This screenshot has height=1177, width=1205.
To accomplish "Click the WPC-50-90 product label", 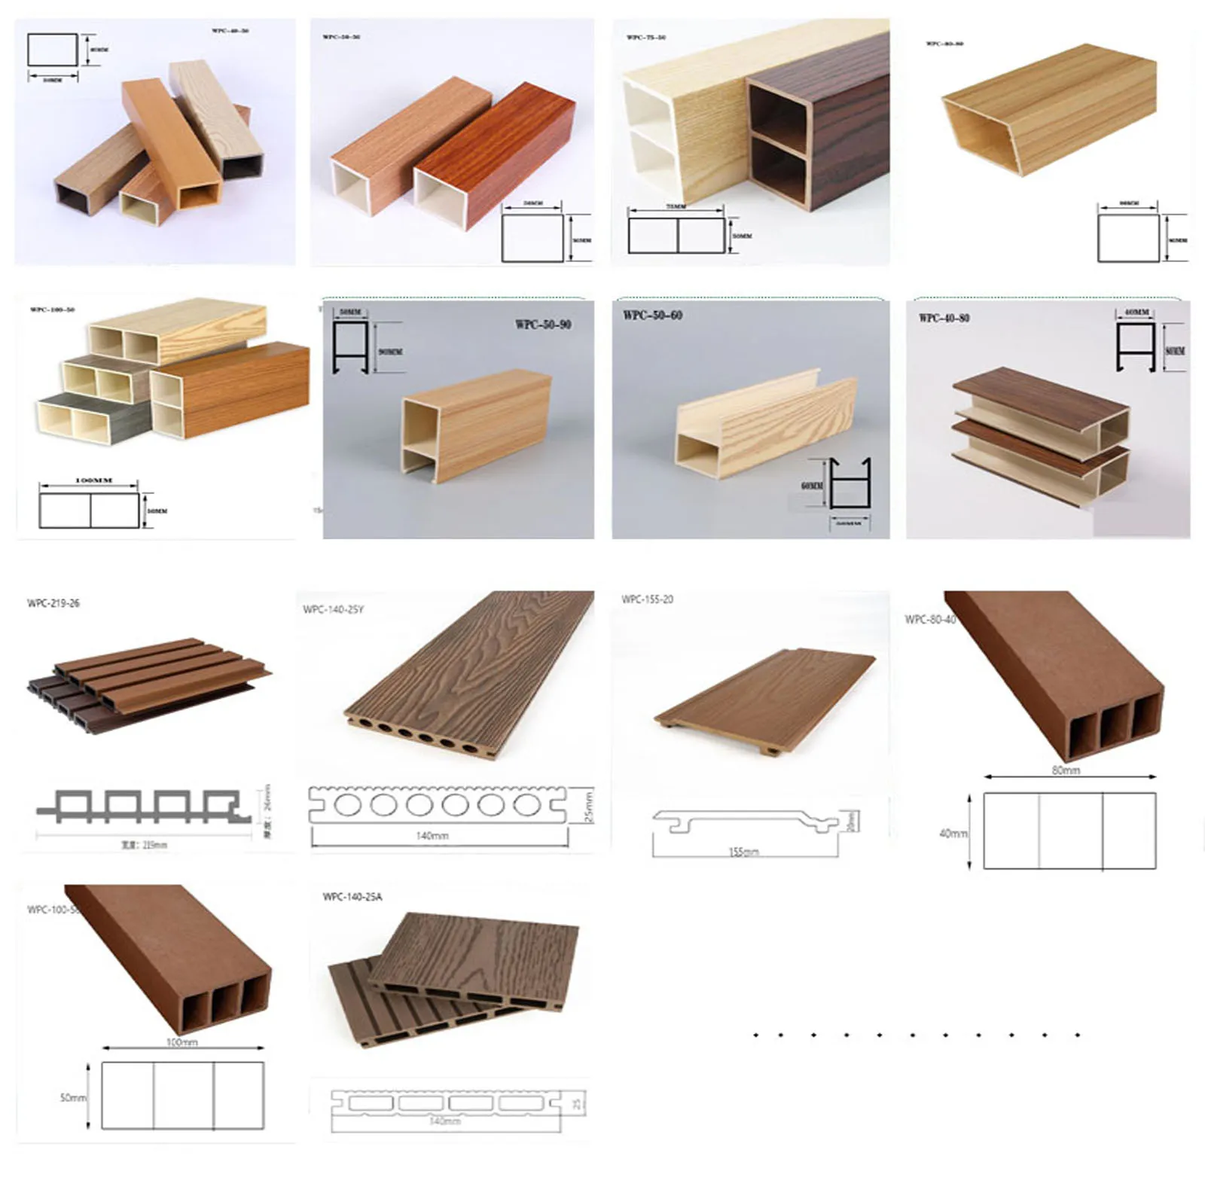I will coord(543,325).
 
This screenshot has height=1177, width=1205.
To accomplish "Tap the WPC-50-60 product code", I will coord(652,316).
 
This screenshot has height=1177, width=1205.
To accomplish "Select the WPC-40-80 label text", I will coord(944,318).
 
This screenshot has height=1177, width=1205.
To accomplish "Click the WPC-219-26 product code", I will coord(53,603).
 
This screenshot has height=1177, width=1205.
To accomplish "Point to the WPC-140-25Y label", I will coord(333,609).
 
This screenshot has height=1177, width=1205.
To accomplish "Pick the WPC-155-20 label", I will coord(647,599).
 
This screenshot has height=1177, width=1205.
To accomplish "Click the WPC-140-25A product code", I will coord(352,897).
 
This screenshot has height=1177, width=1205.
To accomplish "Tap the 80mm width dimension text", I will coord(1066,770).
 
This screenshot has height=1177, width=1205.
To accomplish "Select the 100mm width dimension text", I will coord(182,1042).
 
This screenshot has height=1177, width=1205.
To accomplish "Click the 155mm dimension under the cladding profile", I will coord(743,852).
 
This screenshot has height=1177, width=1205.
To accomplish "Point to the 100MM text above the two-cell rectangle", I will coord(94,480).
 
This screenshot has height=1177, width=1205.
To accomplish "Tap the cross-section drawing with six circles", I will coord(437,805).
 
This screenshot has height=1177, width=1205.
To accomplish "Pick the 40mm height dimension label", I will coord(953,834).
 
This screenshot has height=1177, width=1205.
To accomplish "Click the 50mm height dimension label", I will coord(73,1098).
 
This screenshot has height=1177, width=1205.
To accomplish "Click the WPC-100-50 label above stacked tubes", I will coord(52,309).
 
